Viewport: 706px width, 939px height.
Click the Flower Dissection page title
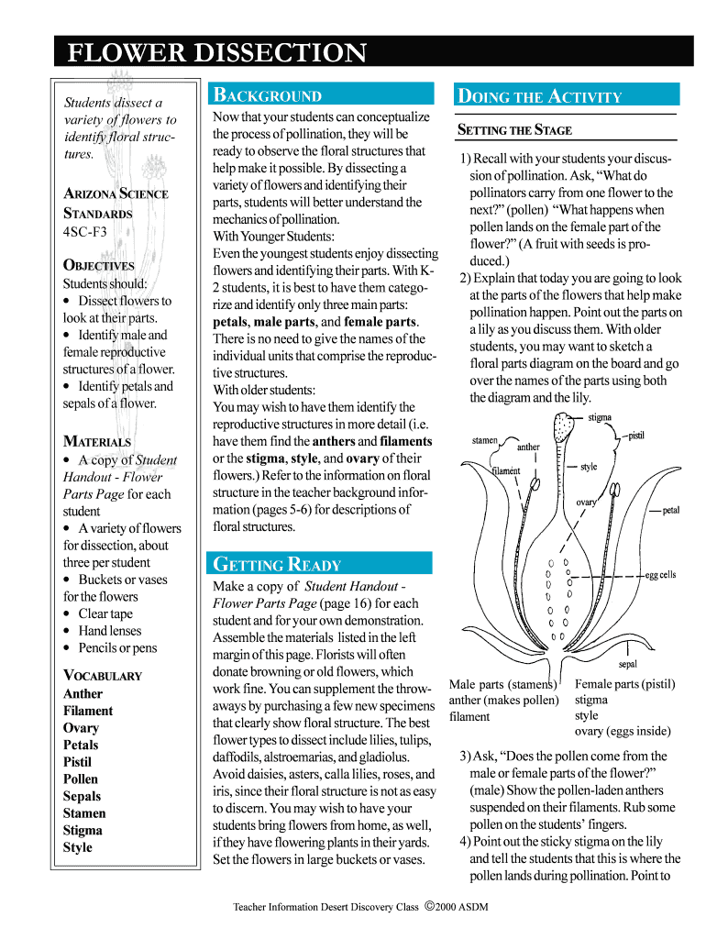216,52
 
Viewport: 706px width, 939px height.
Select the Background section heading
268,95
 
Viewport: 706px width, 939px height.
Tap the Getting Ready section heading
277,564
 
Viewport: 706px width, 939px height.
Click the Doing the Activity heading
540,96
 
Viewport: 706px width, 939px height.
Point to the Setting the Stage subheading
514,130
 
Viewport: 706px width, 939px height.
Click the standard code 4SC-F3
85,232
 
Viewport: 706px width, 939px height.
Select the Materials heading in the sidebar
97,441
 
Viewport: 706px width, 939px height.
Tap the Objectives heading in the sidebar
98,266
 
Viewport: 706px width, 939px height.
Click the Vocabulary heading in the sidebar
103,676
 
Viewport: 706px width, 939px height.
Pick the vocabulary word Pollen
81,779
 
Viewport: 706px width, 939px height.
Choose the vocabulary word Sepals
82,796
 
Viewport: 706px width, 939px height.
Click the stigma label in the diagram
600,418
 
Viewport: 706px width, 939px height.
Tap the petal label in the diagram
671,510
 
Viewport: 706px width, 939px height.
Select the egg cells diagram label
660,575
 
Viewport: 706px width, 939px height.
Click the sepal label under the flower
628,664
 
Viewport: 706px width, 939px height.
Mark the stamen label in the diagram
485,440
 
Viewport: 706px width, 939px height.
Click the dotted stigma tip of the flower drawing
564,427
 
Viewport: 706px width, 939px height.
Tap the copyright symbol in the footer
428,906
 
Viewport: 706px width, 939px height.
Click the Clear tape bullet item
105,613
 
